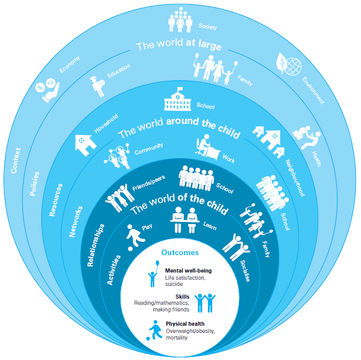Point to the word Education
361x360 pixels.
point(119,71)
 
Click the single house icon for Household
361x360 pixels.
point(85,144)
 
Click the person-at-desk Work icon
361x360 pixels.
point(208,147)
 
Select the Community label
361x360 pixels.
point(149,149)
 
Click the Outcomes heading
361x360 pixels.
point(180,253)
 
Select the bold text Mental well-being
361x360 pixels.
point(188,271)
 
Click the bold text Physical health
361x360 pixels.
point(185,324)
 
